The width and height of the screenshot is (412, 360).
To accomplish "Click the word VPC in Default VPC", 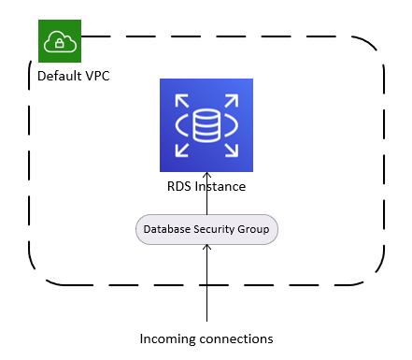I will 95,75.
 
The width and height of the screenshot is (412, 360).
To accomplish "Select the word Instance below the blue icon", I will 219,186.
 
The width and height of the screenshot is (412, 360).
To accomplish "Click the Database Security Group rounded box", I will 206,229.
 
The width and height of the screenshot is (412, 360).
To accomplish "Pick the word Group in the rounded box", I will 257,229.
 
